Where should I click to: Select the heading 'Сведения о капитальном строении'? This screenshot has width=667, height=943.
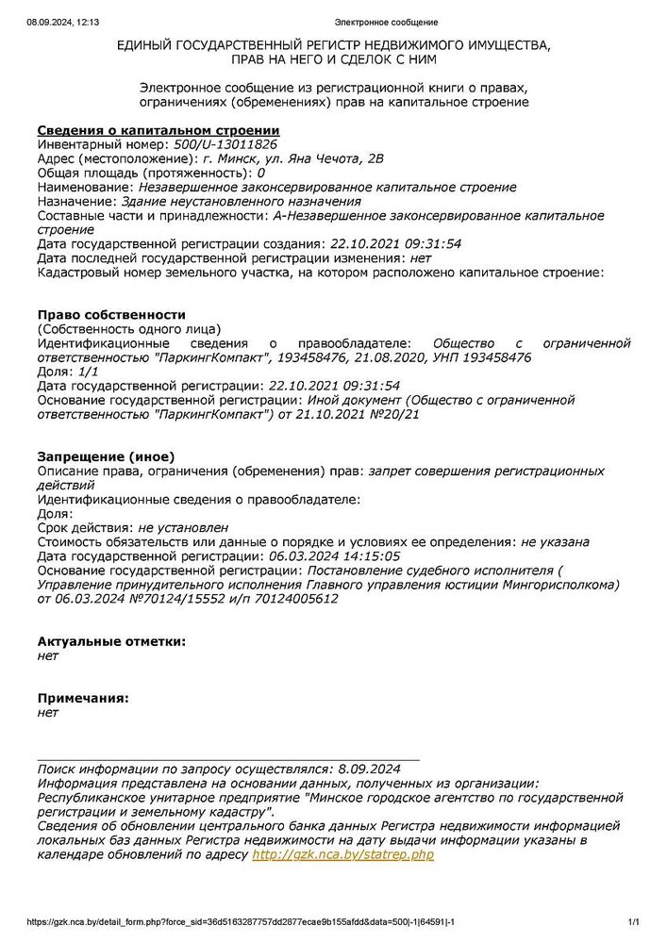click(x=158, y=130)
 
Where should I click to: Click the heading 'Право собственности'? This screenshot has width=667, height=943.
click(x=111, y=314)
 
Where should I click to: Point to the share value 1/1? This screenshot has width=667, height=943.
click(x=91, y=372)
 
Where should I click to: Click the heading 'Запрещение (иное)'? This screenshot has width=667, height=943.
click(x=106, y=456)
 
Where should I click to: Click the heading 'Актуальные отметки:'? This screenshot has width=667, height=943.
click(x=111, y=641)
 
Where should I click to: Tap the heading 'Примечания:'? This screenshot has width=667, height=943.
click(x=82, y=699)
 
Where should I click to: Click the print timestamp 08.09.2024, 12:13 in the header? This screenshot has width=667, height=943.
click(x=58, y=22)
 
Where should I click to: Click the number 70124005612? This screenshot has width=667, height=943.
click(x=287, y=599)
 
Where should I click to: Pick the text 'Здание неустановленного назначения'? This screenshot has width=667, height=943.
click(x=242, y=201)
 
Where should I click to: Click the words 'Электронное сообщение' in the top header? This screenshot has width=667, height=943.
click(x=387, y=22)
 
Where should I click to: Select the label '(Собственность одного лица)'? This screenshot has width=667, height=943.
click(x=128, y=328)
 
